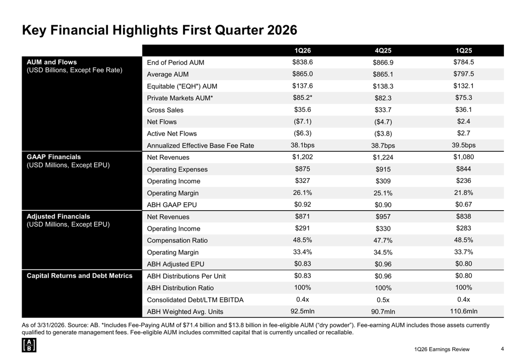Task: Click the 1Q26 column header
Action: [x=302, y=50]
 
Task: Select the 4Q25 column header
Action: [x=383, y=50]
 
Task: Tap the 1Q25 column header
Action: [x=463, y=50]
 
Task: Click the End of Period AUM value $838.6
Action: [x=302, y=62]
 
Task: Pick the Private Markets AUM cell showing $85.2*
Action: [x=302, y=98]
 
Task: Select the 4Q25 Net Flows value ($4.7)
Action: [x=383, y=122]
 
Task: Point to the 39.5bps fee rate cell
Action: [x=463, y=145]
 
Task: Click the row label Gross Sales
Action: [x=165, y=110]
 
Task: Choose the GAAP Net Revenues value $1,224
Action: [x=383, y=158]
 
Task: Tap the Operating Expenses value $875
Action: [x=302, y=169]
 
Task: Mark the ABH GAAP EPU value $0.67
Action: [x=463, y=204]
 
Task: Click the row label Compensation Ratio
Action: [x=177, y=240]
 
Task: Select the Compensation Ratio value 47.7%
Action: [x=383, y=241]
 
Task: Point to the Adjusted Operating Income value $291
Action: [x=302, y=228]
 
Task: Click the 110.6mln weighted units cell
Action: [x=463, y=311]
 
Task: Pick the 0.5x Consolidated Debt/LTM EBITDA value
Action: [x=383, y=300]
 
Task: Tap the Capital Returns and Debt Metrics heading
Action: [x=79, y=275]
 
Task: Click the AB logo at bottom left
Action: [x=29, y=345]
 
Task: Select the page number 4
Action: [x=502, y=349]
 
